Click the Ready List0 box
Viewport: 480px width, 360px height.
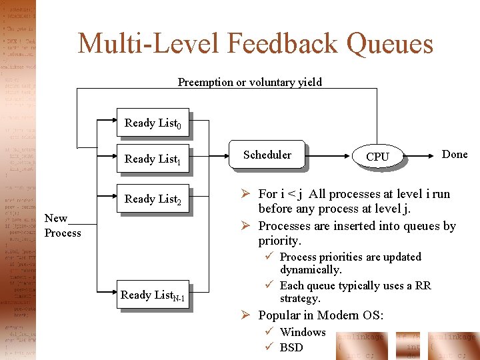152,123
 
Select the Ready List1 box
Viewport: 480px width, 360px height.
152,159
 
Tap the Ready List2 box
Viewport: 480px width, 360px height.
152,199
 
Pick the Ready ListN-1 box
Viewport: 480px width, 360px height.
152,295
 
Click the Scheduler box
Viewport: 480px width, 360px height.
267,155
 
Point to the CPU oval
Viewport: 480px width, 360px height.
377,157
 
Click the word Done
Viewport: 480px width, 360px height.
455,154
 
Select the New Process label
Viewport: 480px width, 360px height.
62,225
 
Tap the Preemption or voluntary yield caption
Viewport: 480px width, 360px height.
249,82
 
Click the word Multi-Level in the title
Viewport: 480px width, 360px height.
149,44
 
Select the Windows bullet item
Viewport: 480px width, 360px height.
303,332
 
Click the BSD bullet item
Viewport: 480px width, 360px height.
291,347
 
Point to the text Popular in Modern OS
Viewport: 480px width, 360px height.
320,315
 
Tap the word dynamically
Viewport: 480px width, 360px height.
310,269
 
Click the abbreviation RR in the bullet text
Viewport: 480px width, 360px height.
423,285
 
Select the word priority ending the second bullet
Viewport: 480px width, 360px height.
279,241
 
